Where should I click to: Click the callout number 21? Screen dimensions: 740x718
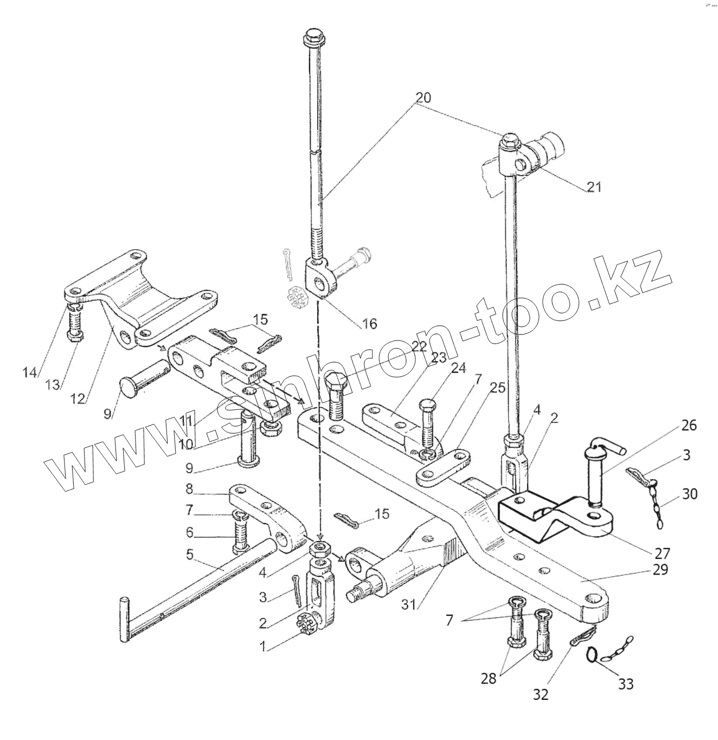pyautogui.click(x=594, y=188)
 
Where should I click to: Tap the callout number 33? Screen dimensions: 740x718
pyautogui.click(x=626, y=684)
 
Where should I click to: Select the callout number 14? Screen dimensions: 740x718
pyautogui.click(x=29, y=372)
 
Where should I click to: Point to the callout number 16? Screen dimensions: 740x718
pyautogui.click(x=369, y=324)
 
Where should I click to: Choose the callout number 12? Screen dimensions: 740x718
pyautogui.click(x=78, y=398)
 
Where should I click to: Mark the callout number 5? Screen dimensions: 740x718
pyautogui.click(x=189, y=555)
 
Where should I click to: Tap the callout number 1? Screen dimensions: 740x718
pyautogui.click(x=263, y=646)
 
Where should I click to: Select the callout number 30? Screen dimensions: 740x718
pyautogui.click(x=690, y=493)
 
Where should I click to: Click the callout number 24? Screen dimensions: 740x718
pyautogui.click(x=458, y=369)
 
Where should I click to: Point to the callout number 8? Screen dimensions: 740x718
pyautogui.click(x=189, y=488)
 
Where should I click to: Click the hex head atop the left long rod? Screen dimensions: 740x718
pyautogui.click(x=313, y=38)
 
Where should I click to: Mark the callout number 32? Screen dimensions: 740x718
pyautogui.click(x=541, y=694)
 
